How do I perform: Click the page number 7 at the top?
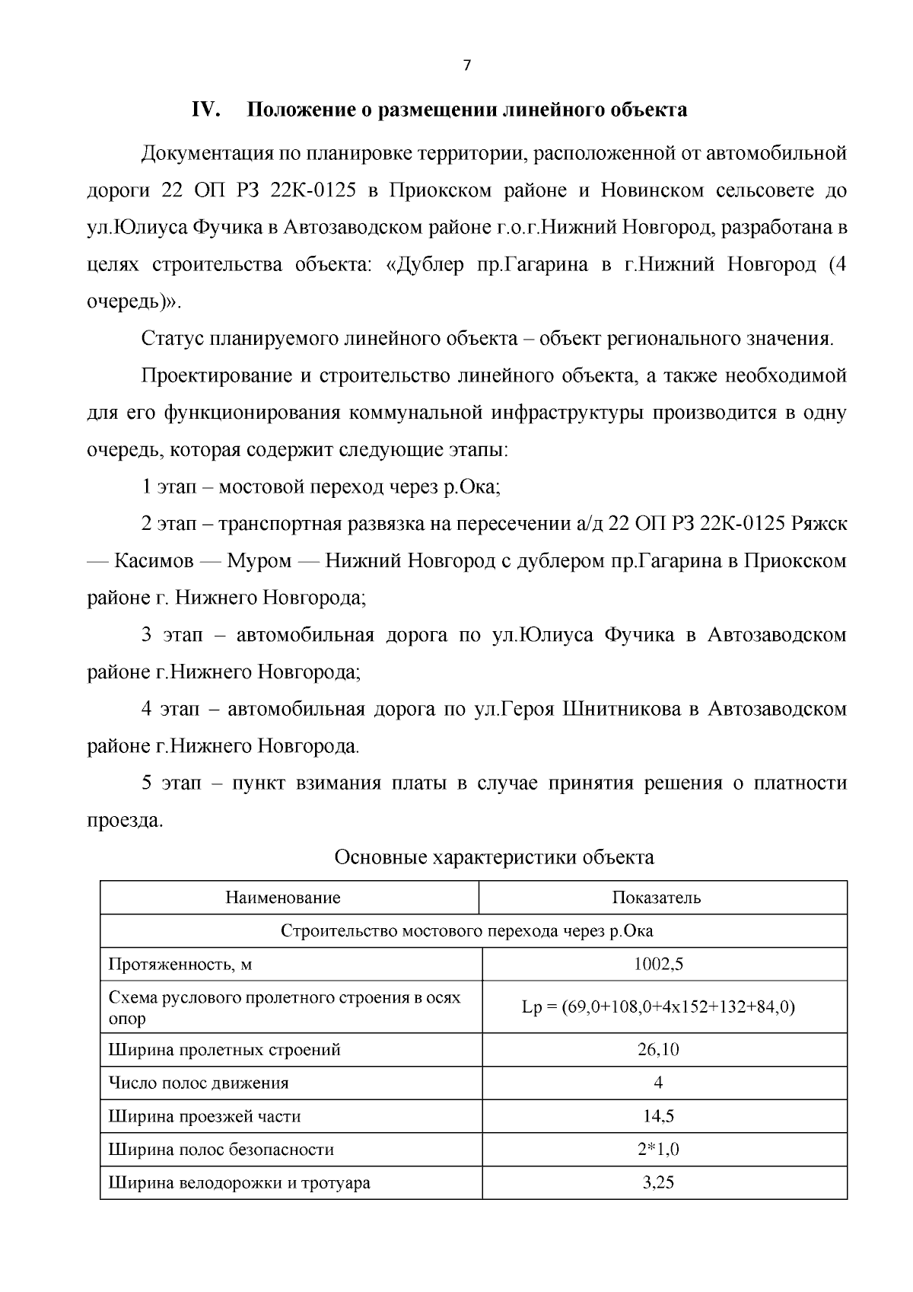pos(467,66)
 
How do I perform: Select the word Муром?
pos(259,562)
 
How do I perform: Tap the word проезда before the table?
pos(124,821)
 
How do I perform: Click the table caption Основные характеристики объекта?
pos(494,857)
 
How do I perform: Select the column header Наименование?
pos(283,898)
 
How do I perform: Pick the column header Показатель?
pos(657,898)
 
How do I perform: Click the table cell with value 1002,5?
pos(659,965)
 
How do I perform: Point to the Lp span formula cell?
pos(658,1007)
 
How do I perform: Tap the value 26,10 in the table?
pos(659,1050)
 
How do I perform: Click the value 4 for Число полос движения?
pos(658,1083)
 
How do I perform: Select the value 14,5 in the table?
pos(659,1117)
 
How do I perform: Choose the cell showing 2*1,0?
pos(659,1150)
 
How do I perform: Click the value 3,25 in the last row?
pos(659,1183)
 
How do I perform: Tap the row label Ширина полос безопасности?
pos(221,1150)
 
